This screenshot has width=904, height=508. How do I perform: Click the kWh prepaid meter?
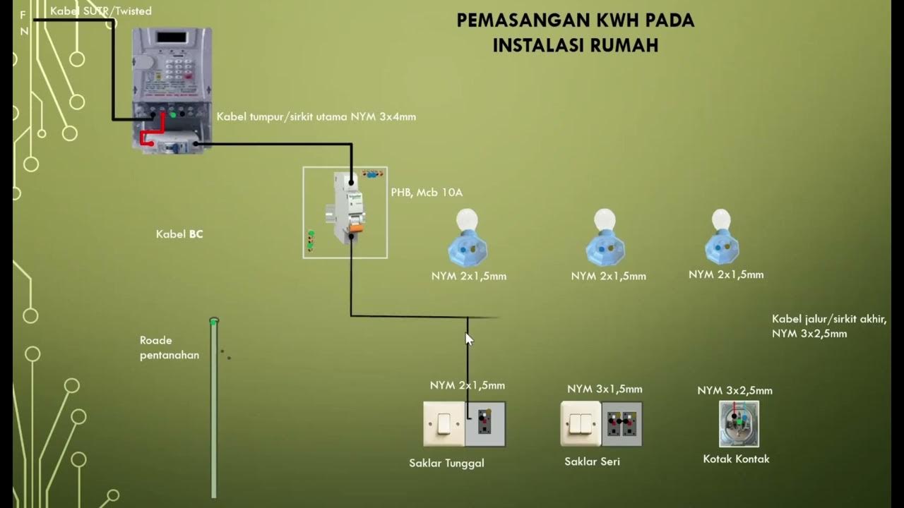(x=172, y=88)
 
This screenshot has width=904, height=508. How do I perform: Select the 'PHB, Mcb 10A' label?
(x=427, y=193)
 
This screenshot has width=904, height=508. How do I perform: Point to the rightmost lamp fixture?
(x=721, y=237)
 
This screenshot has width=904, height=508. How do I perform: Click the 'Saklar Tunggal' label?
(x=446, y=464)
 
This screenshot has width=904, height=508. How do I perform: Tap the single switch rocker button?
(x=444, y=424)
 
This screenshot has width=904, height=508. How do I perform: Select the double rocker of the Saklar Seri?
(x=581, y=424)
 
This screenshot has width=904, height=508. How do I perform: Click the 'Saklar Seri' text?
(x=592, y=462)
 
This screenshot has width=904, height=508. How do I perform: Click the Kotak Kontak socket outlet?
(x=738, y=424)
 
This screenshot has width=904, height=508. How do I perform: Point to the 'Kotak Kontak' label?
(x=736, y=459)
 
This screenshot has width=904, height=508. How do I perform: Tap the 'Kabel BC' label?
(x=179, y=234)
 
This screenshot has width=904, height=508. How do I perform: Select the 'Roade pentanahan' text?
(x=169, y=348)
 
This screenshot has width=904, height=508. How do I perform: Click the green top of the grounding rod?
(x=214, y=322)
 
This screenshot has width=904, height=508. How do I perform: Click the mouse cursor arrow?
(x=468, y=339)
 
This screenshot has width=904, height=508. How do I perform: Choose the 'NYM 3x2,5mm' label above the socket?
(x=734, y=391)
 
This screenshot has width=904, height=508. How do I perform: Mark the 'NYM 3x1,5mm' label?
(x=605, y=389)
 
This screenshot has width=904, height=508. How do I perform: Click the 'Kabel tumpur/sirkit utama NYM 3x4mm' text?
(x=316, y=117)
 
